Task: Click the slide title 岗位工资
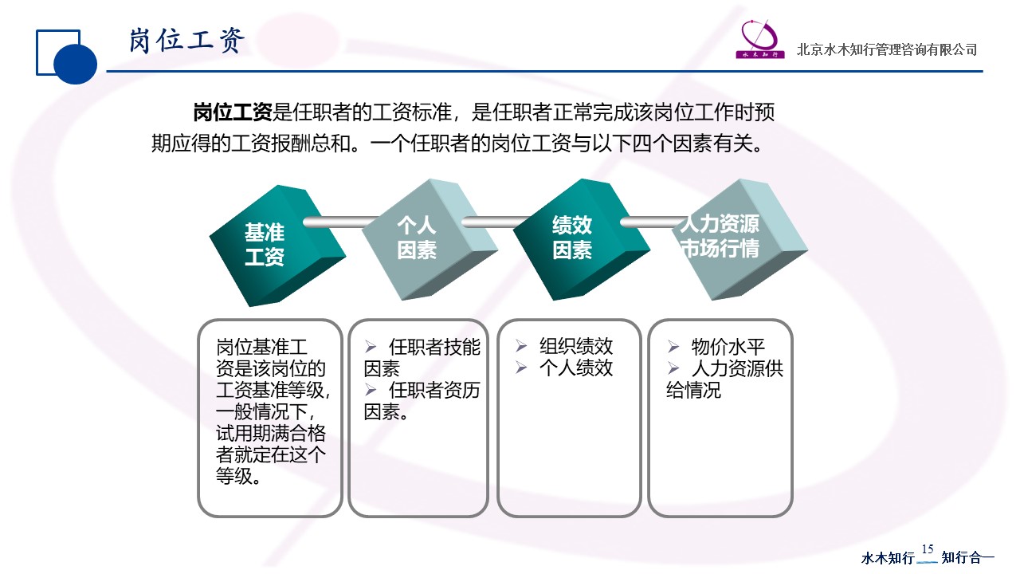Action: click(x=186, y=41)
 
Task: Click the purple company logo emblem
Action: click(x=760, y=39)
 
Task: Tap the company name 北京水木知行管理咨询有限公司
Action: click(x=887, y=49)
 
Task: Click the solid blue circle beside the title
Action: click(x=75, y=63)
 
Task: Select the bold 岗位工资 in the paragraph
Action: click(x=233, y=112)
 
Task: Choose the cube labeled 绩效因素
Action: click(x=582, y=240)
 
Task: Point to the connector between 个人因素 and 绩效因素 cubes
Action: click(x=497, y=222)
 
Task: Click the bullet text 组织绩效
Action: click(x=576, y=346)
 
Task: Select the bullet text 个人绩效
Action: click(x=576, y=368)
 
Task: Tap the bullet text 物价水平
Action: click(x=728, y=347)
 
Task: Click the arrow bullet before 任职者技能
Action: click(x=371, y=347)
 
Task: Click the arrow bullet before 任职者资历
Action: click(x=371, y=390)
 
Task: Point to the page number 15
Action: click(x=928, y=549)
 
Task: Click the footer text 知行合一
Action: click(x=967, y=557)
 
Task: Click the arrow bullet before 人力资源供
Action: click(x=673, y=368)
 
